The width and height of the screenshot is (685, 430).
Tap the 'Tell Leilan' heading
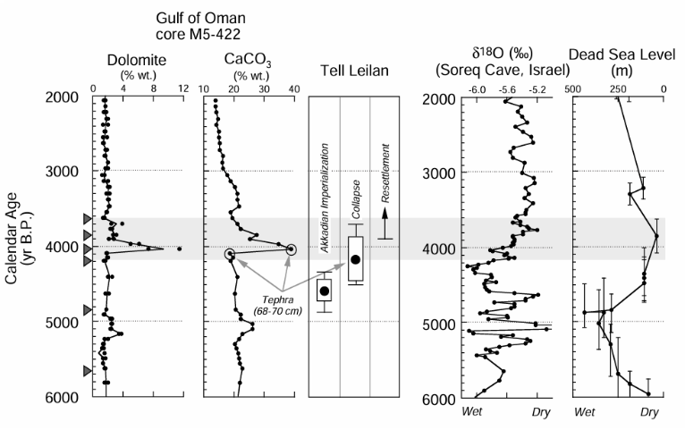[355, 71]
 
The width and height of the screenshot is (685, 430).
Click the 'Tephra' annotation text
[274, 300]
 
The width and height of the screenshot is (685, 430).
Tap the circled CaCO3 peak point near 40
[292, 249]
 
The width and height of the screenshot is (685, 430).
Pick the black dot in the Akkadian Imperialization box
[324, 291]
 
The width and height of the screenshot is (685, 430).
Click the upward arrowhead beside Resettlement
[385, 213]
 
